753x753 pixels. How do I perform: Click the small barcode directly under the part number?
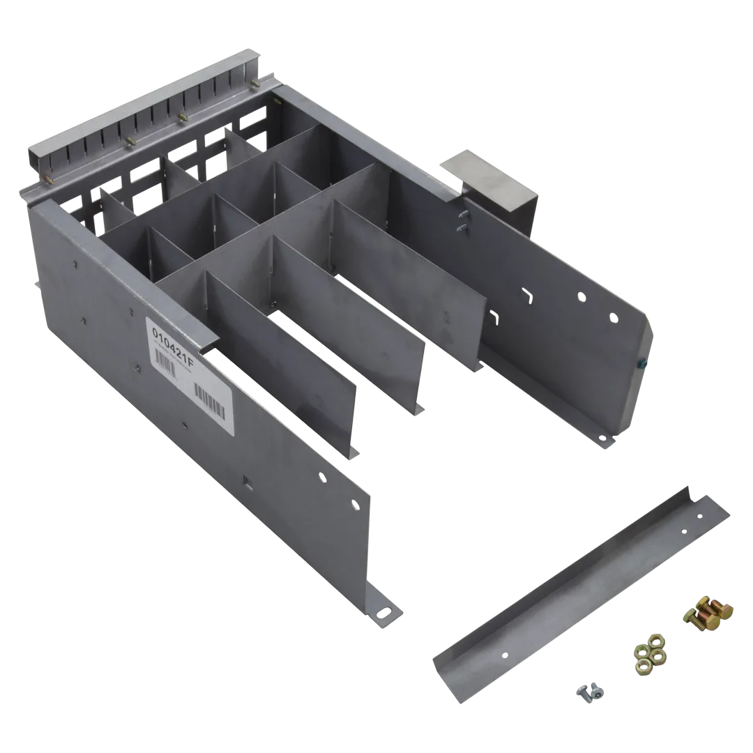(167, 358)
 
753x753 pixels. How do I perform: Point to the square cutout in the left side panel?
(248, 480)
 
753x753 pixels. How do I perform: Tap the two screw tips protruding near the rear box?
(461, 220)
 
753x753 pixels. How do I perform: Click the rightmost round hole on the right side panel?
(613, 319)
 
